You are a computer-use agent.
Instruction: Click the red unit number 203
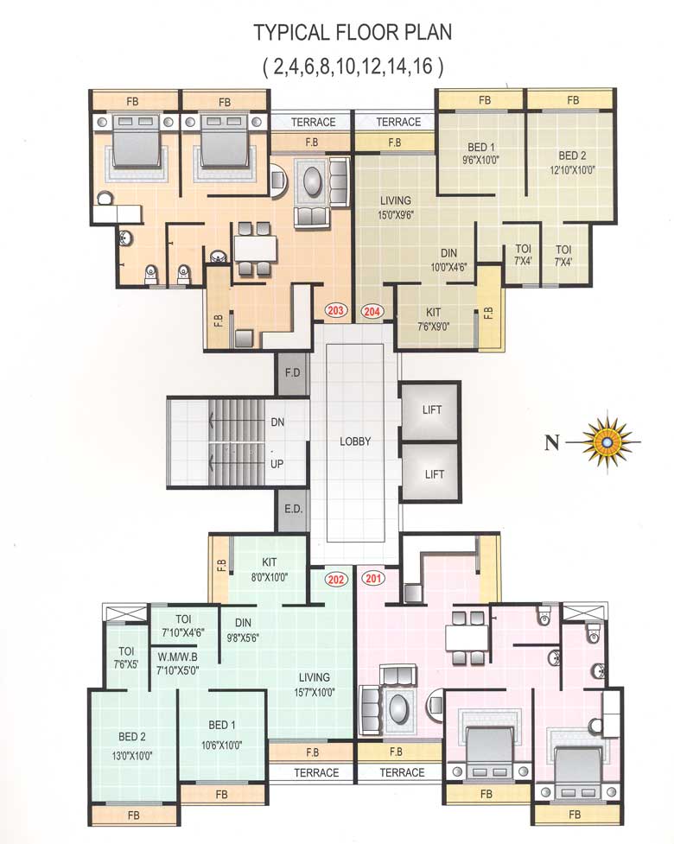coord(335,310)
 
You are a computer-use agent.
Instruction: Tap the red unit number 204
coord(373,310)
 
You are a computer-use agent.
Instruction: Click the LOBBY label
coord(355,441)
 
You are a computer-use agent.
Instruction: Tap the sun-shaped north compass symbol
coord(609,443)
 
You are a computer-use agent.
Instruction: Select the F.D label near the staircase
coord(292,376)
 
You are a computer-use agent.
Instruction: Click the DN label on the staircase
coord(277,422)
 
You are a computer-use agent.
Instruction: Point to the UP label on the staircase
coord(277,463)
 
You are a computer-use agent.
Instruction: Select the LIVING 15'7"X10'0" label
coord(317,684)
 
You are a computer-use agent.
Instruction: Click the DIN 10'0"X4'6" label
coord(448,259)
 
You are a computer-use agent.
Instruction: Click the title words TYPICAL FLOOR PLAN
coord(353,34)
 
